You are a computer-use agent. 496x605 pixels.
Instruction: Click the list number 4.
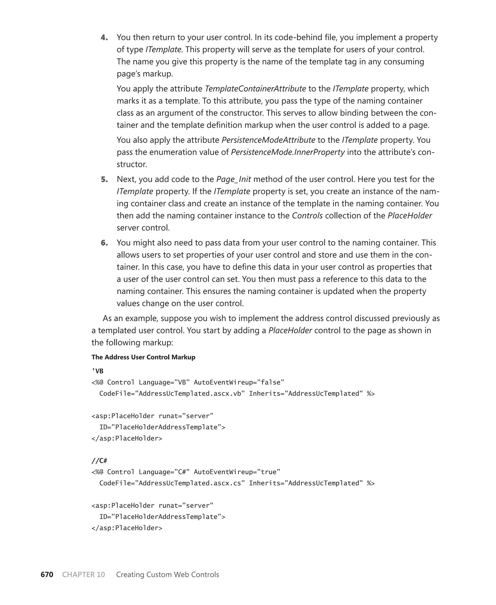coord(104,38)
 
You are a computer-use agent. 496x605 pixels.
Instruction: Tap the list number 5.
coord(104,180)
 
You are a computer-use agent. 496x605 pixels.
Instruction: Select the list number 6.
coord(104,243)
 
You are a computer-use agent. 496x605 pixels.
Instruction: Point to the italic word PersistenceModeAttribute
coord(268,140)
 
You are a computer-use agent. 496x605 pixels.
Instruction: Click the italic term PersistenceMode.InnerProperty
coord(288,152)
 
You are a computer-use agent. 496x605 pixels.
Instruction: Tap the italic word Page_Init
coord(233,179)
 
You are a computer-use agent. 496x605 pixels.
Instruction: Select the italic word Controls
coord(307,216)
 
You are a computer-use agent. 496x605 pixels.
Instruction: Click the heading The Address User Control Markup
coord(143,357)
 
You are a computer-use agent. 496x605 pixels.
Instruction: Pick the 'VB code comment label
coord(97,371)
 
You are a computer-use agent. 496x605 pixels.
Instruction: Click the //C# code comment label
coord(99,461)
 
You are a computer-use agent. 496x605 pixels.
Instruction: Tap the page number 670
coord(47,575)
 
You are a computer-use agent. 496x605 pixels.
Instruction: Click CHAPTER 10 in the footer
coord(83,575)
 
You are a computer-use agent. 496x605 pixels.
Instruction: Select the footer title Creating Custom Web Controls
coord(167,575)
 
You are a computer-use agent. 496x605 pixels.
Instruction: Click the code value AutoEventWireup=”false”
coord(239,382)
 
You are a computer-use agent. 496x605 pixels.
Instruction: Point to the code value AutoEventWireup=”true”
coord(237,472)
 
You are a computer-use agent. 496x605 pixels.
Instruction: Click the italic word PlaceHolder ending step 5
coord(410,216)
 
